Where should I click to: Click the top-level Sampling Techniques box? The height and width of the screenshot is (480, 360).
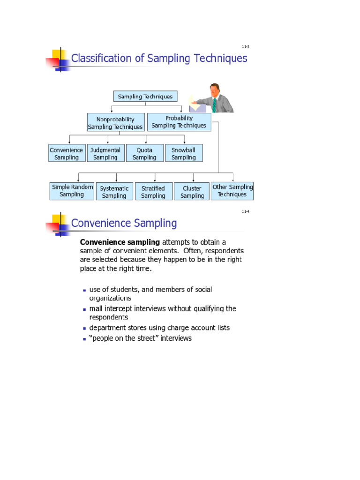point(145,97)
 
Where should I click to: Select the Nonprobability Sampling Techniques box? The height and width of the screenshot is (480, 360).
point(115,123)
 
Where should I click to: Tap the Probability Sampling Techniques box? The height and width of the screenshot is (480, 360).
point(179,122)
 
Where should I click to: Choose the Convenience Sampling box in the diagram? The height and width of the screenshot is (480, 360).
point(67,153)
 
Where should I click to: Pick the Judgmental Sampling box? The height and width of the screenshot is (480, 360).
point(105,153)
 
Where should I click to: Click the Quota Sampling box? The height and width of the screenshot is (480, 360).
point(144,153)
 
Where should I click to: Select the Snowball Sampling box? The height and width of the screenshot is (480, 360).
point(184,153)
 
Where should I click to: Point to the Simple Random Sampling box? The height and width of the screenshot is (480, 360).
point(72,191)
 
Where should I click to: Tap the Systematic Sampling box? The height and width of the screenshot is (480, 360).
point(114,192)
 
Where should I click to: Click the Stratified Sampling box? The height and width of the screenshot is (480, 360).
point(153,192)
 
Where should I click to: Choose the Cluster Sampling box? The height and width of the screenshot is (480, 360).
point(192,192)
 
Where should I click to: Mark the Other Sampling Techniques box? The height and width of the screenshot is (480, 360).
point(232,191)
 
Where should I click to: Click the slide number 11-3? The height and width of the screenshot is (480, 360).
point(245,47)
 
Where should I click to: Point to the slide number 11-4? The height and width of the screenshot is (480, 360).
point(245,211)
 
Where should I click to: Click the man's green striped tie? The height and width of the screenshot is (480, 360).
point(214,105)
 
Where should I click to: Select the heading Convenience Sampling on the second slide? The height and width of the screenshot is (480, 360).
point(124,223)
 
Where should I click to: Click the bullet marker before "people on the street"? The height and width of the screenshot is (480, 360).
point(84,338)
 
